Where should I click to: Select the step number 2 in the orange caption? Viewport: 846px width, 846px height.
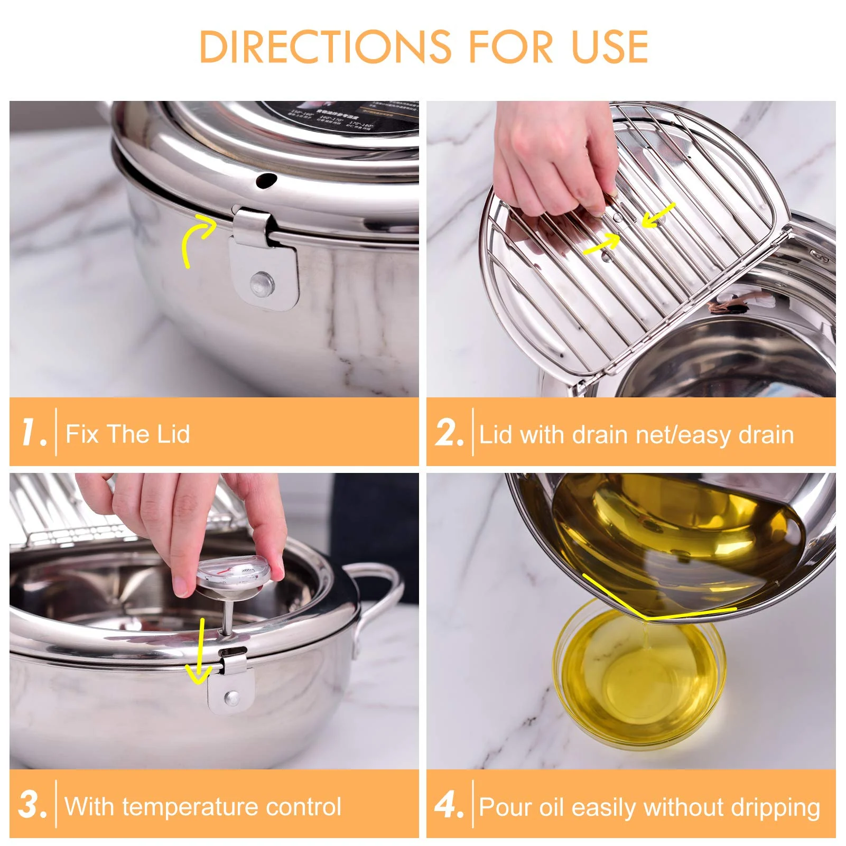[449, 433]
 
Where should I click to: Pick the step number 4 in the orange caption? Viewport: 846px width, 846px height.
[448, 805]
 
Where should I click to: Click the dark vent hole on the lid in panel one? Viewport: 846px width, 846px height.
[266, 180]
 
